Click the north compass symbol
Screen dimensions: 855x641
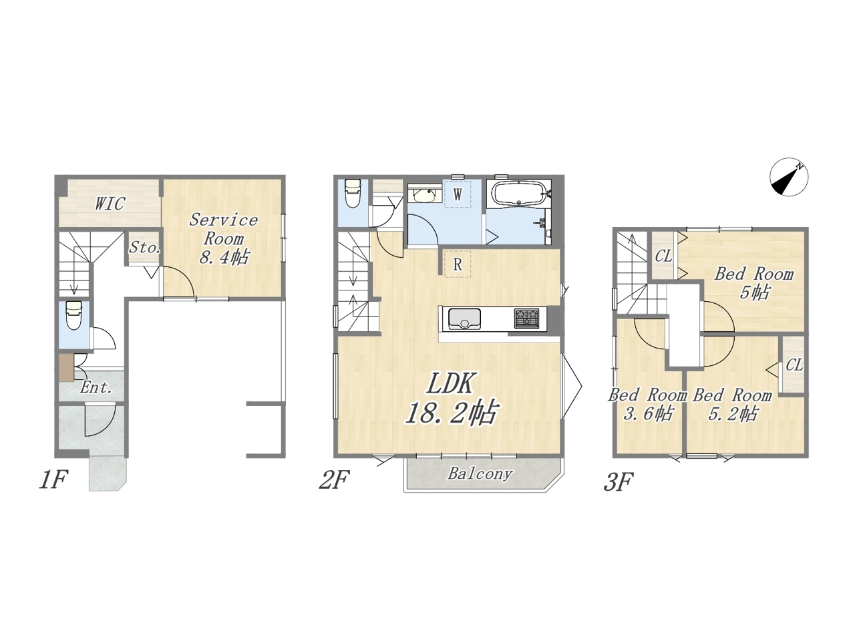[x=789, y=177]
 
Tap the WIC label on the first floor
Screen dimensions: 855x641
[x=110, y=204]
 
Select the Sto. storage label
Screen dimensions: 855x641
[x=144, y=248]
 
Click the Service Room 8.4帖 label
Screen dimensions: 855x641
[x=224, y=238]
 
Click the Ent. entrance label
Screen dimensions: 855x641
[x=96, y=387]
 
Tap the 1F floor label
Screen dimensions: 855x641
[x=53, y=479]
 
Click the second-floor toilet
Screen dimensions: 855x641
[x=353, y=194]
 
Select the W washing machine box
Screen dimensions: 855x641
[x=458, y=194]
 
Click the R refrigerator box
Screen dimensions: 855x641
[x=458, y=264]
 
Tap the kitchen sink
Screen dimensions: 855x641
[x=465, y=318]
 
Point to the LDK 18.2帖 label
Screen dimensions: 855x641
[x=452, y=398]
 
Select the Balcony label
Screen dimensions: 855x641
[x=480, y=473]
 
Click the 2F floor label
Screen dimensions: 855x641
[x=334, y=479]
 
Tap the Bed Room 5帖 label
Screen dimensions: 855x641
[x=753, y=283]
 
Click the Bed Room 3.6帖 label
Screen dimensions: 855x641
[x=648, y=405]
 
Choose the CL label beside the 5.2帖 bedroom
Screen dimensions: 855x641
[x=794, y=365]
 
